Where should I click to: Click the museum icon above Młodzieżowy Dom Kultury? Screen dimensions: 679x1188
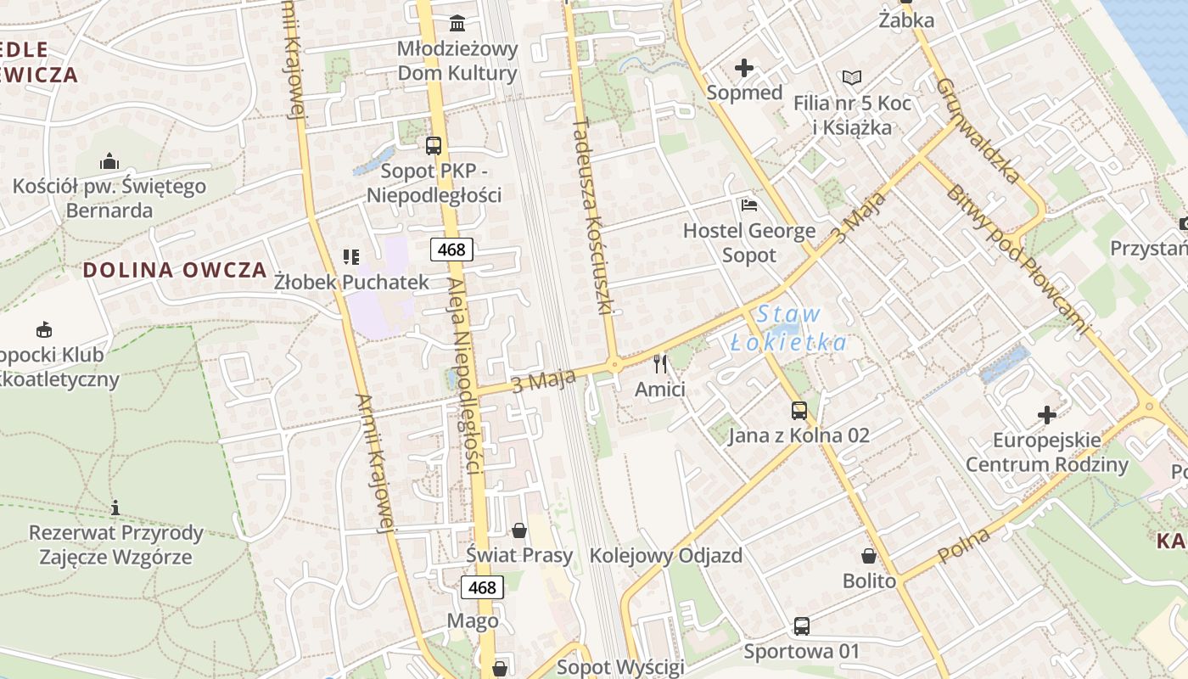tap(457, 22)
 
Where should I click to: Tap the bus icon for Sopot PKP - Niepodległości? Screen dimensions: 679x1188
tap(434, 145)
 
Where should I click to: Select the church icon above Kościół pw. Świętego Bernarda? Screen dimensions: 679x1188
tap(109, 161)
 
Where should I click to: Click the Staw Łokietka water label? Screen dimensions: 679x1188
tap(788, 328)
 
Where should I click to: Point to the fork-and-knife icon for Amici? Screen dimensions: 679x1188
tap(660, 365)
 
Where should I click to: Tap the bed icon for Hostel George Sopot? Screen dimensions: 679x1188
tap(748, 205)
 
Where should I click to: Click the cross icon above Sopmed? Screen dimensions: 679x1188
tap(744, 68)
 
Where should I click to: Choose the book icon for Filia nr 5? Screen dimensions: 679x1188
tap(852, 78)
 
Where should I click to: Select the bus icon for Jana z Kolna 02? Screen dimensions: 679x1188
tap(799, 411)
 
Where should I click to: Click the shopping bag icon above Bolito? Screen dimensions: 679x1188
tap(869, 557)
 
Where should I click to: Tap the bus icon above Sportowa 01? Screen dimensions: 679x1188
tap(801, 626)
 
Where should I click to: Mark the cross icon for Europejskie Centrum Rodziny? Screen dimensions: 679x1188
tap(1047, 415)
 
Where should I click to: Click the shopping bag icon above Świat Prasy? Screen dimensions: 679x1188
tap(519, 531)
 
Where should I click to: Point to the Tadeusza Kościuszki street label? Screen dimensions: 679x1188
tap(593, 216)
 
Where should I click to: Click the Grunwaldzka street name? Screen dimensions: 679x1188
tap(978, 132)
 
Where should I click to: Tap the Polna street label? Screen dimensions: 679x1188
tap(965, 545)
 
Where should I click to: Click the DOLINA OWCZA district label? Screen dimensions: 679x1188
tap(175, 271)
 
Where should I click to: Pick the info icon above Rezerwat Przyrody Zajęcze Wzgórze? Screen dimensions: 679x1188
tap(115, 508)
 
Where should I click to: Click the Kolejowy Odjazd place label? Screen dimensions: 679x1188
tap(665, 556)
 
